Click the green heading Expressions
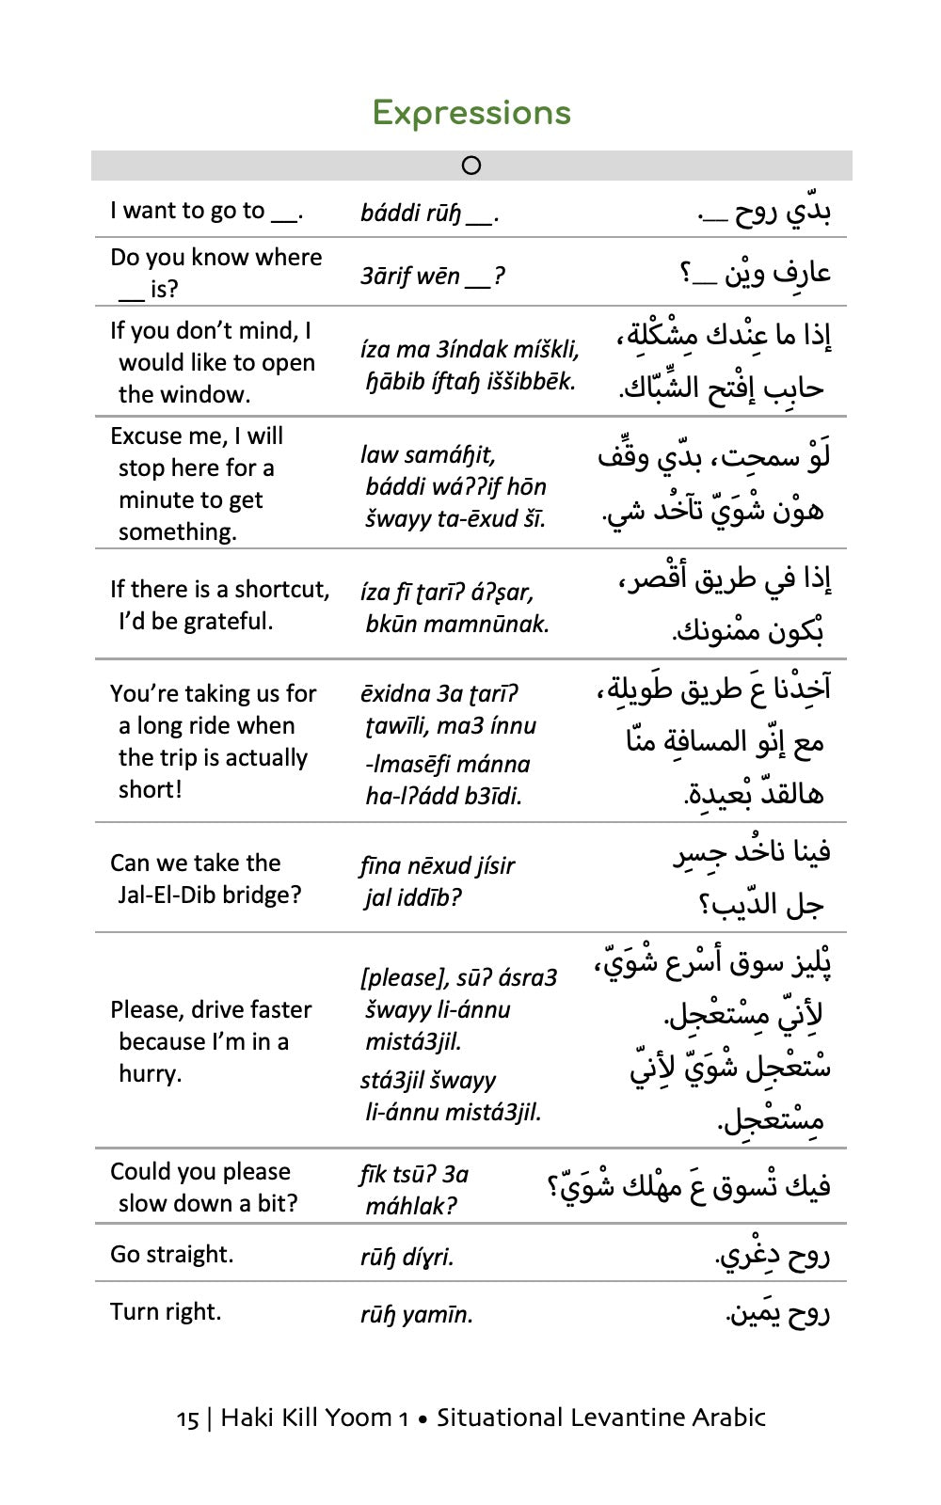point(471,113)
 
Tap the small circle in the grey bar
point(471,166)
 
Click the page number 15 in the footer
point(187,1418)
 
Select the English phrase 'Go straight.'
point(171,1254)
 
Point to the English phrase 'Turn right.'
point(166,1311)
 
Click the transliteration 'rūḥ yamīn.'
point(416,1314)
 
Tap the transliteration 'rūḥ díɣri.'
point(407,1257)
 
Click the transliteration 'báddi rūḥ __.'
point(429,214)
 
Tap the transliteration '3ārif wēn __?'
point(432,277)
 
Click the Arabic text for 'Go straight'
point(773,1255)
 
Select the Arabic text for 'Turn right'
point(777,1312)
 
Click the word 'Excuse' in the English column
point(146,436)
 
